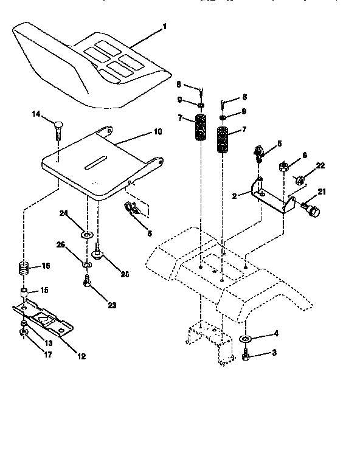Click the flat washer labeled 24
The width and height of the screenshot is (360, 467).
pos(87,233)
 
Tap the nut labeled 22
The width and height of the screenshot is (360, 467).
pos(299,179)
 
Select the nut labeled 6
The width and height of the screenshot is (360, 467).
pos(284,166)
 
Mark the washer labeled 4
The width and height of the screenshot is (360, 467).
pos(246,338)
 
